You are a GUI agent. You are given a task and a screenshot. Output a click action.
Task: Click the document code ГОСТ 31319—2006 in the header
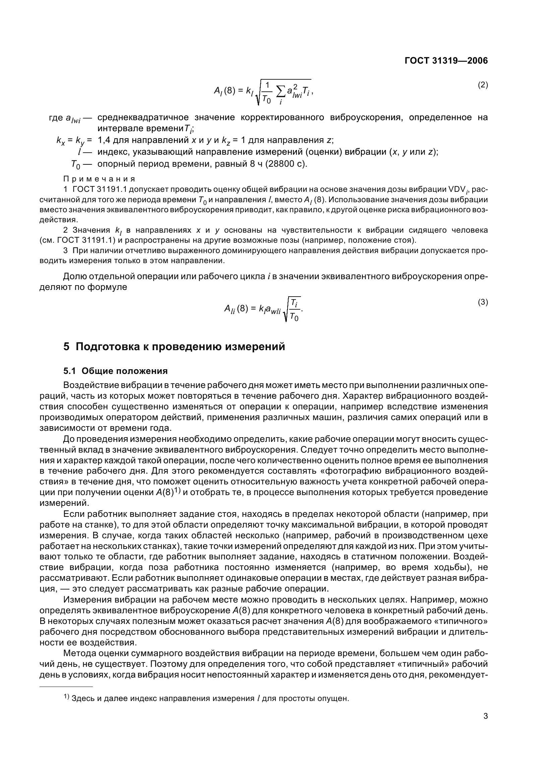(446, 61)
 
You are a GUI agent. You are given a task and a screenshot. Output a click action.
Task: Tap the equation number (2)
(482, 85)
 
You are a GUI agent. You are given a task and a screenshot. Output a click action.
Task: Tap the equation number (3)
(482, 302)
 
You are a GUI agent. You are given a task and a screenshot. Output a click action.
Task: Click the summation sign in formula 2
(281, 91)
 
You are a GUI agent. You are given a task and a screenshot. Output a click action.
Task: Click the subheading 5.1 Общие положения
(115, 371)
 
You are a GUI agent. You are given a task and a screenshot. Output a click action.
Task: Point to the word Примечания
(99, 179)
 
